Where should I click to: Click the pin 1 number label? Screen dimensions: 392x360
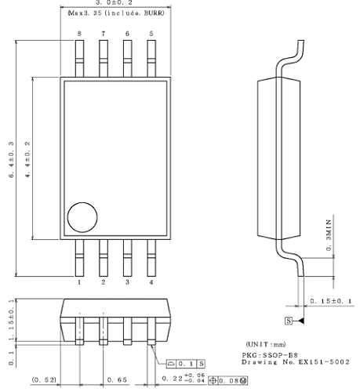tap(79, 281)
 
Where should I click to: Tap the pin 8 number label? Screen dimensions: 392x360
tap(79, 34)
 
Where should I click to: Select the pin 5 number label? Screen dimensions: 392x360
tap(151, 34)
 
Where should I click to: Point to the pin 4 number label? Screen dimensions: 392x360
tap(151, 281)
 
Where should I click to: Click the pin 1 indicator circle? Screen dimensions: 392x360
tap(80, 217)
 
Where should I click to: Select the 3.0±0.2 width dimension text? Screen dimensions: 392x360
tap(114, 4)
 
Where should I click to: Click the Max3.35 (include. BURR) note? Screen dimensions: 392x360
tap(115, 14)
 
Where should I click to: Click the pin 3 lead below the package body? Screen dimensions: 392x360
tap(127, 258)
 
